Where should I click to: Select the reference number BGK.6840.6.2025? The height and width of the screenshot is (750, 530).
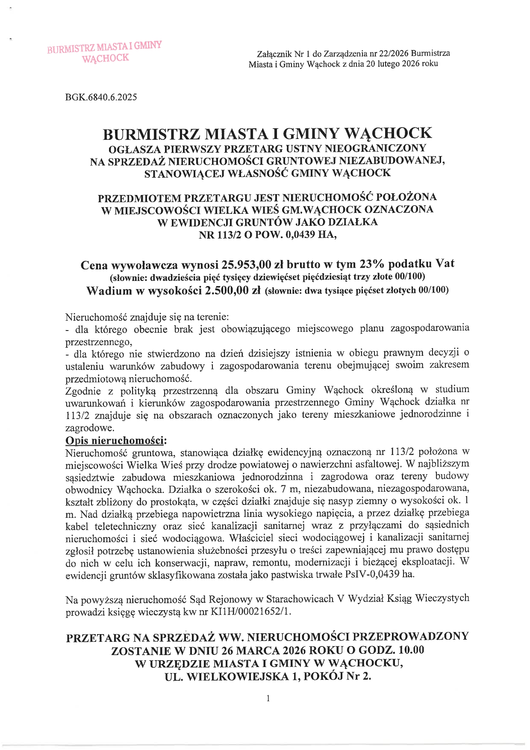(x=101, y=97)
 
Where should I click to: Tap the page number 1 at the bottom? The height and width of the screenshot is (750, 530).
(x=268, y=698)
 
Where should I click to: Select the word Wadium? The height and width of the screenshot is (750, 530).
(x=109, y=291)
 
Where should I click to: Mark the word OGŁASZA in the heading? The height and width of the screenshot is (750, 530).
(x=131, y=148)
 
